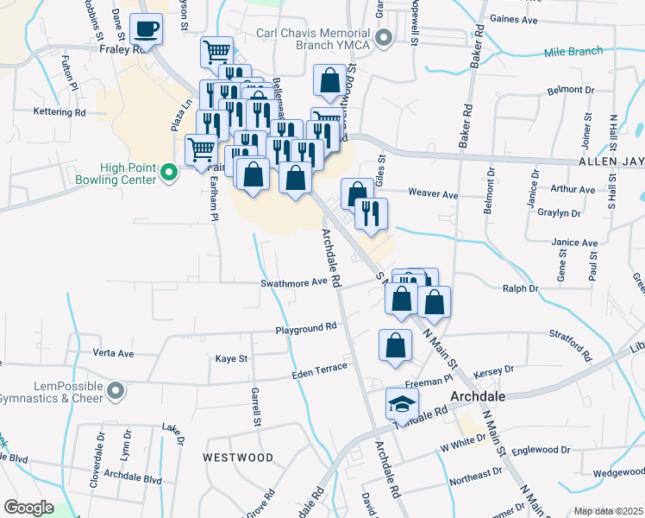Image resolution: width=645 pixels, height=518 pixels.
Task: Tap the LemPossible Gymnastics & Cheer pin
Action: pos(114,393)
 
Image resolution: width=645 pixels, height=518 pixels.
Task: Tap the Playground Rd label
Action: pos(305,329)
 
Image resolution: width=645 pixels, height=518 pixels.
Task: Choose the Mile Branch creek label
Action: pos(573,52)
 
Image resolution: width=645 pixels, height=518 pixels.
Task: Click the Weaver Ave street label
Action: pos(433,195)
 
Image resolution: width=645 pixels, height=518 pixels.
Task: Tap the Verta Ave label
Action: pos(113,353)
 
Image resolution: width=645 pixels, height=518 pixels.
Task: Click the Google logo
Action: pos(28,508)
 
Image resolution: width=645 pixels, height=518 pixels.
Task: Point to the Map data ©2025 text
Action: pos(608,511)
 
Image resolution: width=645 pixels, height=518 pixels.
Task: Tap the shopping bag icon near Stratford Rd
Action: pos(394,345)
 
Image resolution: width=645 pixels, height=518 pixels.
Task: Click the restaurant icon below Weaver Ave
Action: pos(371,213)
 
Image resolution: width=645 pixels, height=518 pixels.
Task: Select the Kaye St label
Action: pos(231,358)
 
